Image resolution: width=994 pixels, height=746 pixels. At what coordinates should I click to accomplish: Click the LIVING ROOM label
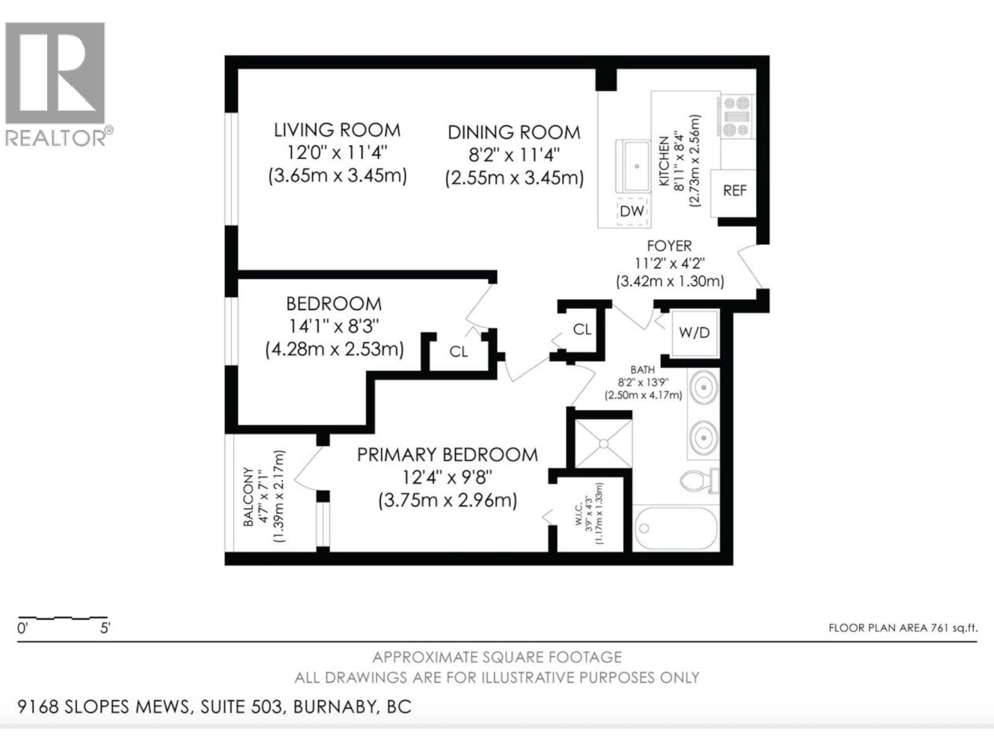tap(337, 131)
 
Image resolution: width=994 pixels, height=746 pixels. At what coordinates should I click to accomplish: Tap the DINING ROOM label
tap(514, 132)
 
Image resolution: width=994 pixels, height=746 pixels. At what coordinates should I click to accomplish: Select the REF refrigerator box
tap(734, 191)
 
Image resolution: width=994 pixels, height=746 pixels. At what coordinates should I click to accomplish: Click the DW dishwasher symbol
tap(632, 211)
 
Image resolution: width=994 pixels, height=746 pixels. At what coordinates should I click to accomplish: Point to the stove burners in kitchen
tap(736, 116)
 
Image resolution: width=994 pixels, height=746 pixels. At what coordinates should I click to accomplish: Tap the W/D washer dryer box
tap(694, 333)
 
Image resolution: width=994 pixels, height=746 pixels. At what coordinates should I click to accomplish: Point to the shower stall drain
tap(603, 443)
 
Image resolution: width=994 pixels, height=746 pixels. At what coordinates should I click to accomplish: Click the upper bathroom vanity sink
tap(703, 389)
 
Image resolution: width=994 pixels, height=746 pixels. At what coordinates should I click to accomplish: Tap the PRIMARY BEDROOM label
tap(447, 454)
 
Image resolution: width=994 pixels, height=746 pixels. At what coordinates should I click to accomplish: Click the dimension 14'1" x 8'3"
tap(334, 326)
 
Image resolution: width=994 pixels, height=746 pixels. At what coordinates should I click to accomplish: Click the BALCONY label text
tap(248, 497)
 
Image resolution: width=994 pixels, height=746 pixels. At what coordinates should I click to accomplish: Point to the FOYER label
tap(669, 246)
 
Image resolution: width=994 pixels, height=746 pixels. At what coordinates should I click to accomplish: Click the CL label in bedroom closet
tap(458, 352)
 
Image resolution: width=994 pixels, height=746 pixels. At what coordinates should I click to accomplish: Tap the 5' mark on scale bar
tap(105, 629)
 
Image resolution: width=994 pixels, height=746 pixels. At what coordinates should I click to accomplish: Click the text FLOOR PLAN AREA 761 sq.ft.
tap(903, 628)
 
